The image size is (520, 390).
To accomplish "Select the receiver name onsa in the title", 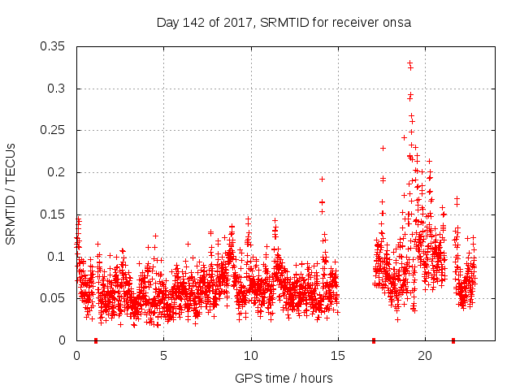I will click(398, 23).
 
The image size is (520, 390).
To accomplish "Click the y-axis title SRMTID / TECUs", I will click(11, 193).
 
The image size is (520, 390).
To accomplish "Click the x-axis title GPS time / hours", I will click(284, 378).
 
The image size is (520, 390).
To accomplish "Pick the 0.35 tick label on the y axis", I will click(56, 46).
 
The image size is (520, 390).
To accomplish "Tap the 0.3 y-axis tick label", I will click(59, 89).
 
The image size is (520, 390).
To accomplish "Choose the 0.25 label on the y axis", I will click(56, 131).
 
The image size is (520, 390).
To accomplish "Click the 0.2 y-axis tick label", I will click(59, 172).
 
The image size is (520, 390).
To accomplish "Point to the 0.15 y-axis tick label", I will click(56, 214).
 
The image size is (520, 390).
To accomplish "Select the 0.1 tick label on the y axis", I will click(59, 257).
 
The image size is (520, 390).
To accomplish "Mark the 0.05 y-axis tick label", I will click(56, 298).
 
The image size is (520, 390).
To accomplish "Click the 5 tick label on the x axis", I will click(163, 355).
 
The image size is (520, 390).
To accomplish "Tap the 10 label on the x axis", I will click(250, 355).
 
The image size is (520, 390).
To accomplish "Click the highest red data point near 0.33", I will click(409, 63).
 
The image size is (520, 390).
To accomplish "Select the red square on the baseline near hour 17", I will click(374, 340).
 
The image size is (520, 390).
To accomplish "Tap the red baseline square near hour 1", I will click(96, 340).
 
